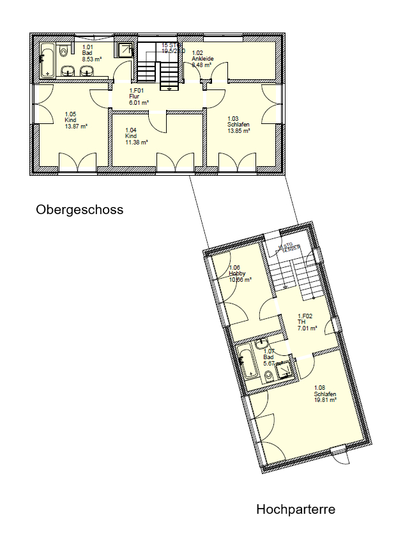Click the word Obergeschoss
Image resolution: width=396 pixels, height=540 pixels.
pyautogui.click(x=79, y=210)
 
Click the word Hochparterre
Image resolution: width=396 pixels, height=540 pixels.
pyautogui.click(x=295, y=509)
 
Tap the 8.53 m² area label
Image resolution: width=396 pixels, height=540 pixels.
pyautogui.click(x=92, y=58)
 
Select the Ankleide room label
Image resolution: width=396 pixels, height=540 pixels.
pyautogui.click(x=202, y=58)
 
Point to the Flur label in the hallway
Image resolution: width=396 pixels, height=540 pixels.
pyautogui.click(x=134, y=96)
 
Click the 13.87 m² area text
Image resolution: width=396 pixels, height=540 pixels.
pyautogui.click(x=75, y=126)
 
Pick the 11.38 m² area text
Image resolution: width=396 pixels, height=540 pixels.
pyautogui.click(x=137, y=142)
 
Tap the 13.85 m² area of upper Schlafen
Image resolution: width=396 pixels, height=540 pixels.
pyautogui.click(x=238, y=130)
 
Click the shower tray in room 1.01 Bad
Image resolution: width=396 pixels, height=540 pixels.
pyautogui.click(x=125, y=50)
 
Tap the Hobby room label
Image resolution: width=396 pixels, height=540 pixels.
pyautogui.click(x=237, y=274)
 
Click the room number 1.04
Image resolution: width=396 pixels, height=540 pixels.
pyautogui.click(x=131, y=130)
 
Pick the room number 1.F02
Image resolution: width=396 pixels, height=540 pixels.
pyautogui.click(x=305, y=316)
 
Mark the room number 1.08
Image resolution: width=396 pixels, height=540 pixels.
pyautogui.click(x=319, y=388)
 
